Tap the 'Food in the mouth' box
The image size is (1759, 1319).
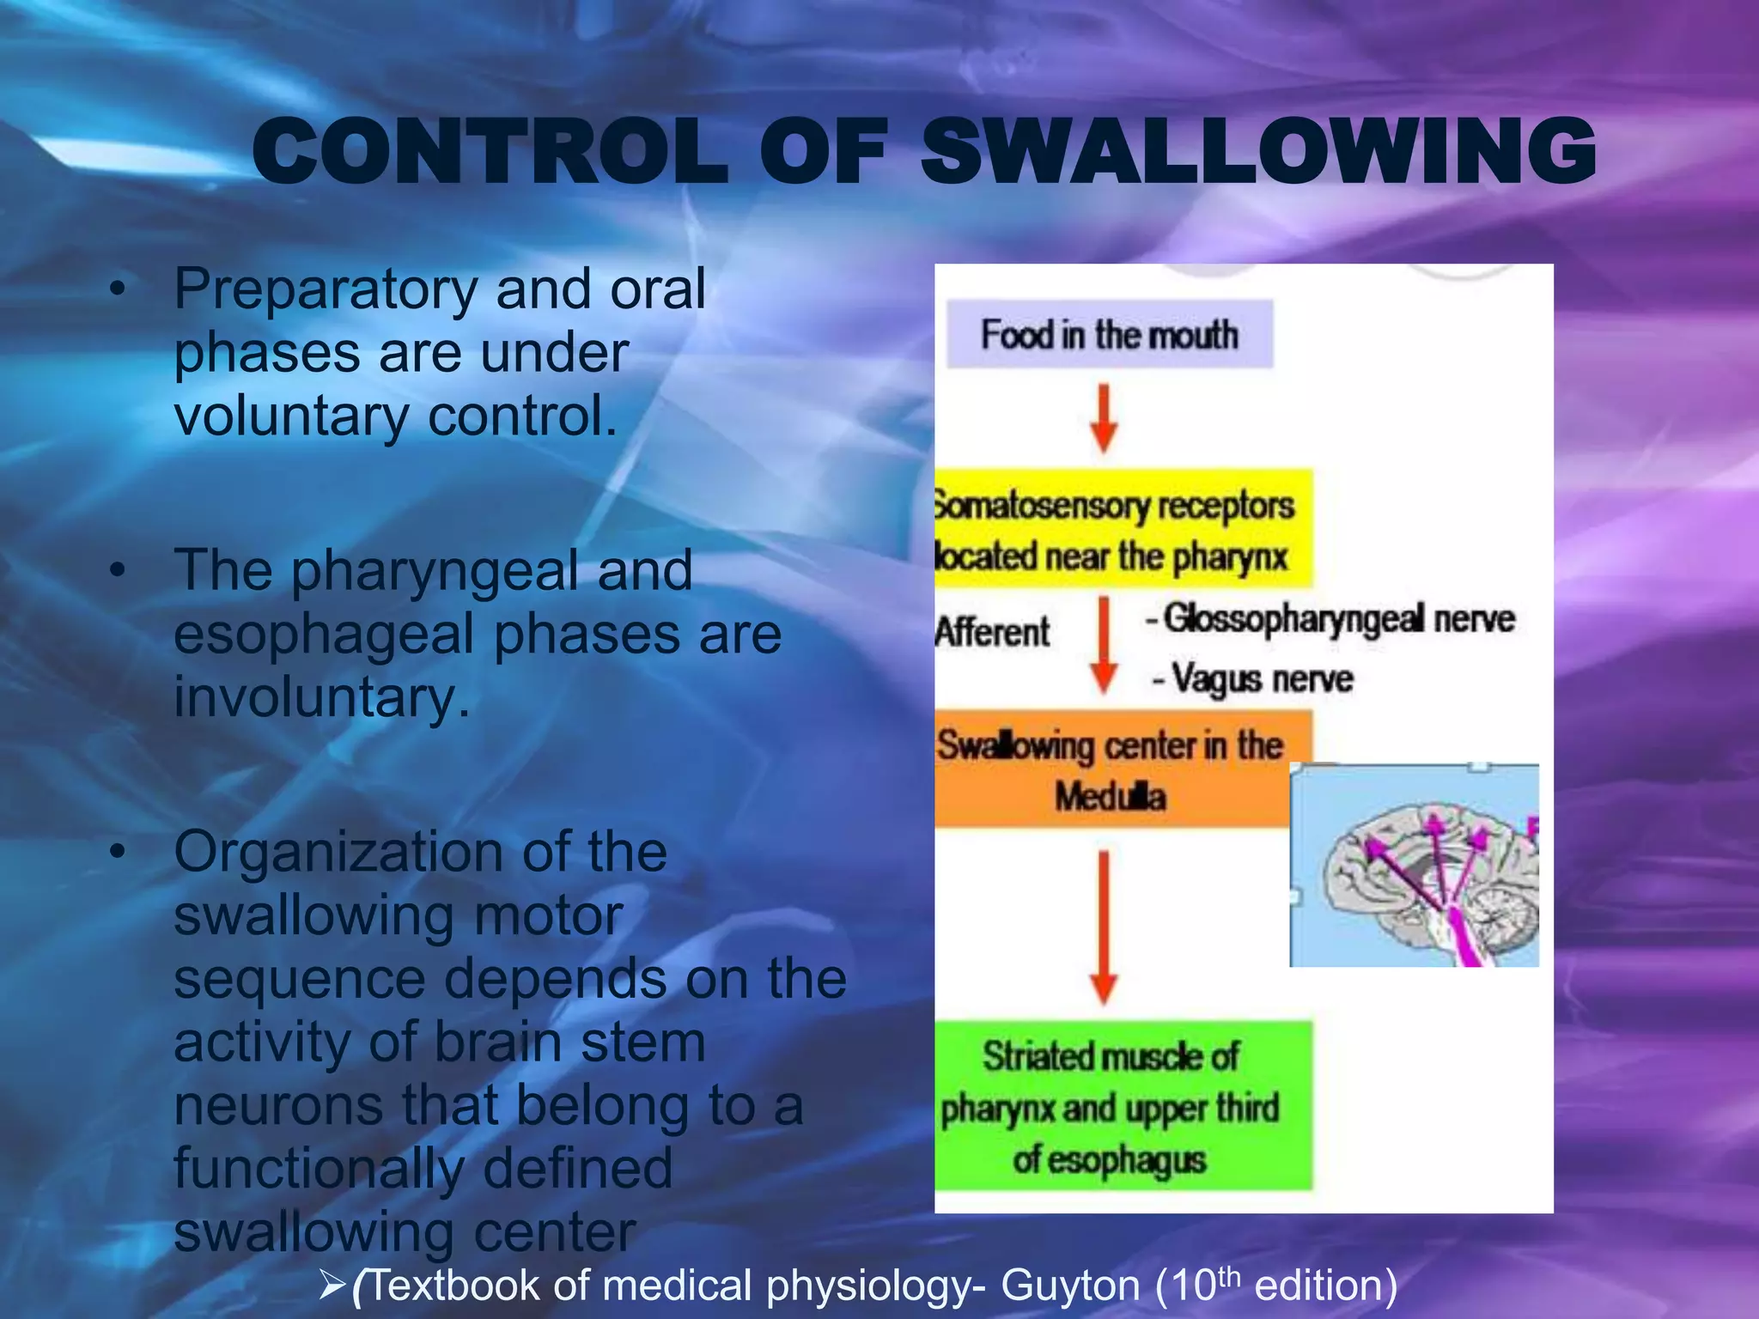coord(1109,334)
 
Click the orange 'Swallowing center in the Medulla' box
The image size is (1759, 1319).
coord(1111,769)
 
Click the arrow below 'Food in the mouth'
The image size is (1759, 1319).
coord(1104,418)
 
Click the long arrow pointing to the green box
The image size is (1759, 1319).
coord(1104,927)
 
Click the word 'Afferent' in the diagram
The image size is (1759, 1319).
coord(992,632)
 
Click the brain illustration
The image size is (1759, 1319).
coord(1414,866)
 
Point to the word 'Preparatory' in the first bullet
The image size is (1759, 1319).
coord(326,290)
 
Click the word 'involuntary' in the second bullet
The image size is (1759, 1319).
coord(323,697)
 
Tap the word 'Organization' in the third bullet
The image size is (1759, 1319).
coord(339,852)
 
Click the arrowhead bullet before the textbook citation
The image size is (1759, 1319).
coord(332,1286)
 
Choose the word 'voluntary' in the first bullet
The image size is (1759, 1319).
coord(291,417)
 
